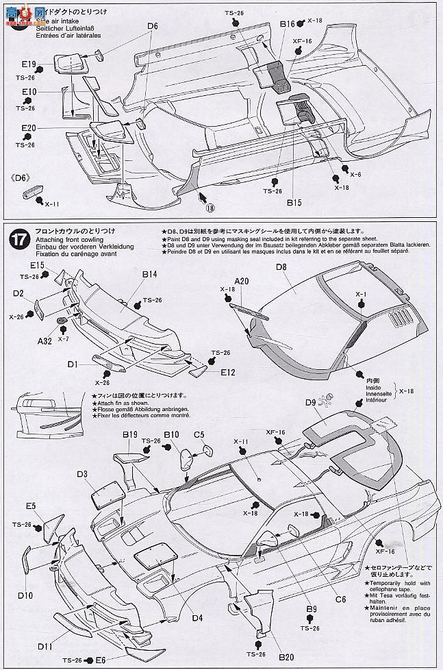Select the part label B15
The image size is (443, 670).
tap(294, 202)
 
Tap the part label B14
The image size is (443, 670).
tap(149, 275)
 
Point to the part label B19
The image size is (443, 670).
tap(131, 434)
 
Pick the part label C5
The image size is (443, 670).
tap(199, 434)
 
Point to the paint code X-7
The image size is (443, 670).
tap(63, 339)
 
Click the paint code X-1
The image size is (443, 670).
tap(362, 294)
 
